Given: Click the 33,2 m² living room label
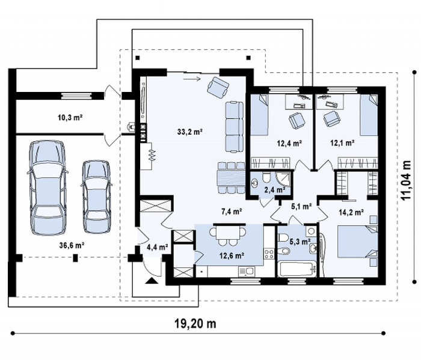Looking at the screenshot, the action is point(190,132).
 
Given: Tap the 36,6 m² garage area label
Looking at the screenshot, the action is point(72,245).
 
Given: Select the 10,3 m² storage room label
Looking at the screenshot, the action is point(70,117).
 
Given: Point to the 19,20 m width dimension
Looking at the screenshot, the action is point(195,324).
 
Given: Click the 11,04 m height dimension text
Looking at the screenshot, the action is point(406,180).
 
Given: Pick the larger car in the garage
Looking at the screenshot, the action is point(48,188).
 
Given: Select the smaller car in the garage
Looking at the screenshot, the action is point(96,197).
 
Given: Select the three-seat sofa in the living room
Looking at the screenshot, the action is point(234,127).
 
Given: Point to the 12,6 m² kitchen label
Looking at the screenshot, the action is point(232,255).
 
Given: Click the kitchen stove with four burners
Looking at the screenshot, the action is point(269,254).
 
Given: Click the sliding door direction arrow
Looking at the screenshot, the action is point(192,79).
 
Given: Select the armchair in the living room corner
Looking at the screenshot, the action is point(218,87).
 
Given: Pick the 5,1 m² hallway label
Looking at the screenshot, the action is point(301,206).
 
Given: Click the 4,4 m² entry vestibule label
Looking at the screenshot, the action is point(158,246).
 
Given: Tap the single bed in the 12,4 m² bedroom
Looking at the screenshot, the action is point(259,115).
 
